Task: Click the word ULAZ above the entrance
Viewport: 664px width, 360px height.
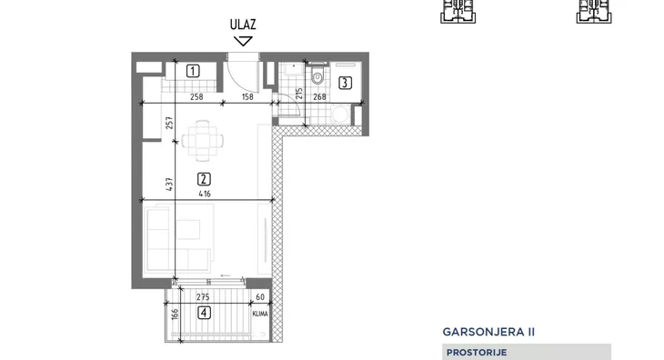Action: click(242, 25)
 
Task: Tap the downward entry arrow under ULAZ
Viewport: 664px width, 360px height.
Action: click(242, 40)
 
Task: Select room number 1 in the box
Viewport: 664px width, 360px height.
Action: click(193, 70)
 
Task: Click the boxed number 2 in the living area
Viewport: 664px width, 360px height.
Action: click(204, 179)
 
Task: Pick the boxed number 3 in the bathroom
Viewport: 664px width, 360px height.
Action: click(345, 85)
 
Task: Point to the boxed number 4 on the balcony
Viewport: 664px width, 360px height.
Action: click(204, 315)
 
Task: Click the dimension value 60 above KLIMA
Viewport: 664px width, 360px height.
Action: click(260, 297)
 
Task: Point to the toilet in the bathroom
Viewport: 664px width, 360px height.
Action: click(317, 78)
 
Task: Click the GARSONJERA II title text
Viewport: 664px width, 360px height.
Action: click(489, 333)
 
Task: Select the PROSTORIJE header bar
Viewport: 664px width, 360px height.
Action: click(528, 352)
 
